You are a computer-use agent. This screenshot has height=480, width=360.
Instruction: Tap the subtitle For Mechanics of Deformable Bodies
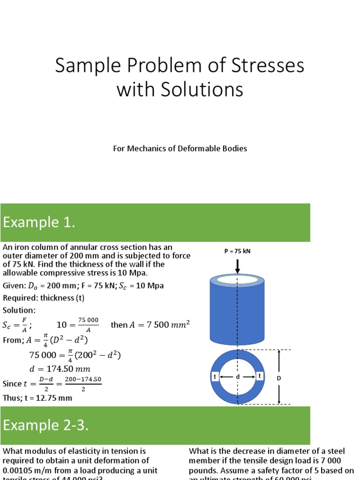(180, 149)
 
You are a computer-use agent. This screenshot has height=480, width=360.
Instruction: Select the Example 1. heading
(39, 223)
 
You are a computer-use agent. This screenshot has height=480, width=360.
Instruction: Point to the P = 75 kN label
(237, 251)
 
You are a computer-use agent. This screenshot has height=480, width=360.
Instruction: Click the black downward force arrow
(238, 266)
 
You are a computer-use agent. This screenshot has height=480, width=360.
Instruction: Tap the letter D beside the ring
(292, 378)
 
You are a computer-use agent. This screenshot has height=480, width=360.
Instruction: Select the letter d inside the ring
(238, 377)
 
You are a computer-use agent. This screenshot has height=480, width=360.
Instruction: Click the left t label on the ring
(215, 376)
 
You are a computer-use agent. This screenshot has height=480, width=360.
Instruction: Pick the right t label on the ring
(259, 376)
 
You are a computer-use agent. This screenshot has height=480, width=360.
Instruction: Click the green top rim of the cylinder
(237, 280)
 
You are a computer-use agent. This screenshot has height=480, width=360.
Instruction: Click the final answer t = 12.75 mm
(37, 398)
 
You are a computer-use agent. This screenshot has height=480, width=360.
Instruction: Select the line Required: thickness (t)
(44, 298)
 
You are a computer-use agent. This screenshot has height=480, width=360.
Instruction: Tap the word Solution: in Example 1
(19, 310)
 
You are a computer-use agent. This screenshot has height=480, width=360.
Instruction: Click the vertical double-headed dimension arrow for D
(279, 377)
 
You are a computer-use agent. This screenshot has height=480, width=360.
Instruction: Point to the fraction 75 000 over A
(88, 324)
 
